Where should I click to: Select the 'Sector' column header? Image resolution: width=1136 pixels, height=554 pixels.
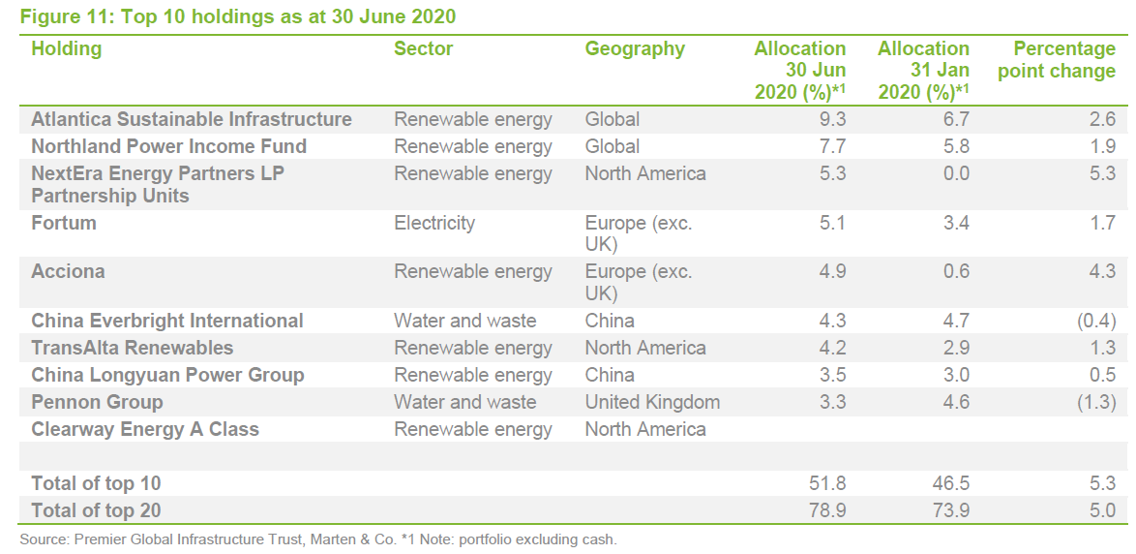click(x=423, y=48)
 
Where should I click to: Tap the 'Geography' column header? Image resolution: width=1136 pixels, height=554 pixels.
click(x=634, y=48)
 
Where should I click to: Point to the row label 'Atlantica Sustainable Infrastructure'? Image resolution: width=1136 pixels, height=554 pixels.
click(x=192, y=119)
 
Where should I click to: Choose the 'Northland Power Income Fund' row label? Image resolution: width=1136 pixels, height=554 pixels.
click(x=168, y=146)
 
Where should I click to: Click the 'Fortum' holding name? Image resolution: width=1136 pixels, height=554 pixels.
click(x=64, y=223)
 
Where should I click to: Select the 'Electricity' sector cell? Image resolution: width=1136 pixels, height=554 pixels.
click(x=434, y=223)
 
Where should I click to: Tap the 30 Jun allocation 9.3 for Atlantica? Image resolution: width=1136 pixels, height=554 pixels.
click(x=832, y=119)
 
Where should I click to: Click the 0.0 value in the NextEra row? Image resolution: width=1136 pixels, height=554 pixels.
click(x=956, y=173)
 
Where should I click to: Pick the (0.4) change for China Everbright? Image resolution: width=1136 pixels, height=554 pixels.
click(x=1095, y=321)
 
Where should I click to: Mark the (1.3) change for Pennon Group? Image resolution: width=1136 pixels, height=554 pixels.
click(x=1095, y=402)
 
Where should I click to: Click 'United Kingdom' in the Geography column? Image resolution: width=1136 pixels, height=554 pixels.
click(x=652, y=402)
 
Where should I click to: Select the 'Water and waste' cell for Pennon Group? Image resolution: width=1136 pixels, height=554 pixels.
click(x=464, y=402)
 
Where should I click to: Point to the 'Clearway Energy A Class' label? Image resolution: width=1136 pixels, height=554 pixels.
click(x=145, y=429)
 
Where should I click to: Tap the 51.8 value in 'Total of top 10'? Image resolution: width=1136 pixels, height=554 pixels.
click(x=827, y=483)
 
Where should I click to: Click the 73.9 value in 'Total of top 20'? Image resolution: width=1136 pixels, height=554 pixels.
click(x=951, y=510)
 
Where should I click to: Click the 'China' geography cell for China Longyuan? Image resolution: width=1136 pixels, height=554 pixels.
click(x=610, y=375)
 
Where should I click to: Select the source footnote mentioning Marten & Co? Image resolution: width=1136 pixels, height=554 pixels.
click(x=317, y=539)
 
